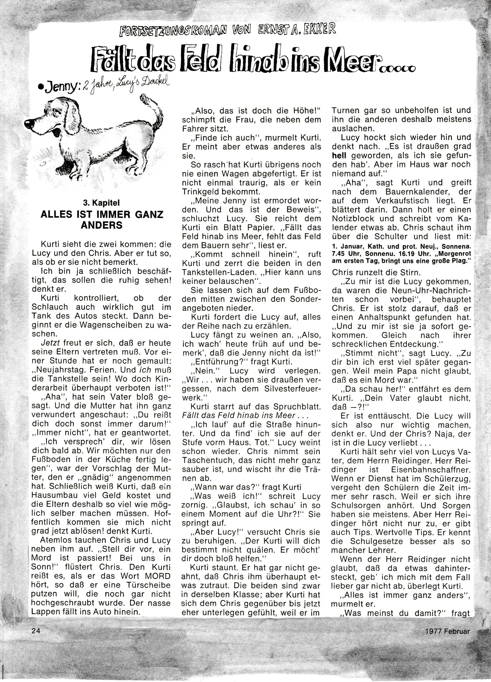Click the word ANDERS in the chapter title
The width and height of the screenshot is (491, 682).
[x=102, y=225]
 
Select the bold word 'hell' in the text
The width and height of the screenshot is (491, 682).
[x=339, y=156]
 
